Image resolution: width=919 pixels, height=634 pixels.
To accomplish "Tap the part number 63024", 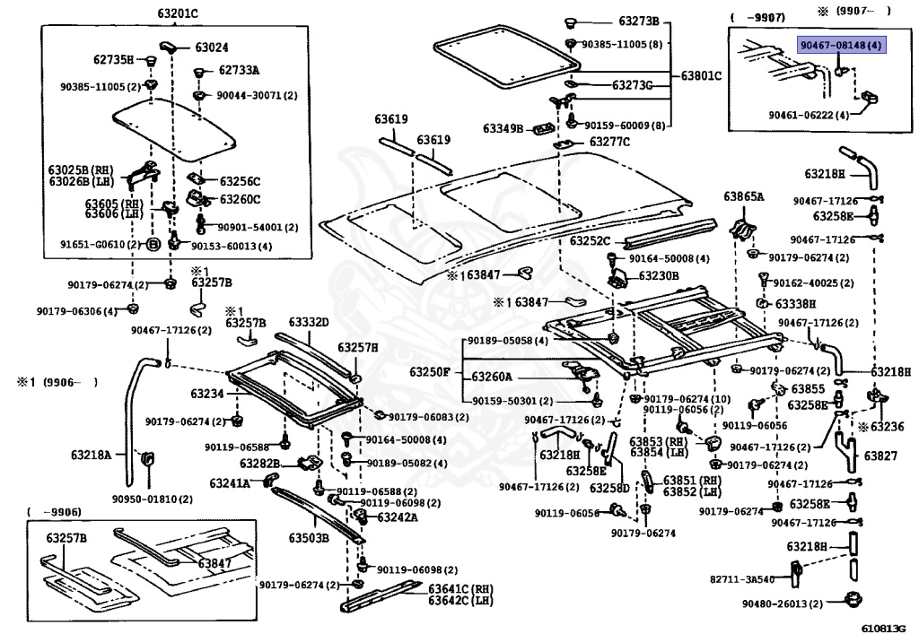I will [x=212, y=48].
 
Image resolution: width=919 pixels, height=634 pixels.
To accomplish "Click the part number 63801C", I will [x=699, y=75].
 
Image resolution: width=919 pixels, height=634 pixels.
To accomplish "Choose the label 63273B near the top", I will [x=638, y=21].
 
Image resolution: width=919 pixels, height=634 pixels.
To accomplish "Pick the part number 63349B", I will [x=503, y=129].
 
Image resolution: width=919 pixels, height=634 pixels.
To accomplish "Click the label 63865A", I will [x=744, y=196].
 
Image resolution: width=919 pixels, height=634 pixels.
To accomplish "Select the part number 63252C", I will [x=589, y=240].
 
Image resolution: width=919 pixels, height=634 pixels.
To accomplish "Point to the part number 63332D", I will [x=309, y=322].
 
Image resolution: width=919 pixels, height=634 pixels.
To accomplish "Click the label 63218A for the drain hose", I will [x=93, y=455].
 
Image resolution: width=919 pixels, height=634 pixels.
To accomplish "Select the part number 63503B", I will [x=308, y=537].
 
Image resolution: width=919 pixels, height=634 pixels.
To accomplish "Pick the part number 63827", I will [x=880, y=456].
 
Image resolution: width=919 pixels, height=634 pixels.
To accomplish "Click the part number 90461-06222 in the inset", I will [x=809, y=115].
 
